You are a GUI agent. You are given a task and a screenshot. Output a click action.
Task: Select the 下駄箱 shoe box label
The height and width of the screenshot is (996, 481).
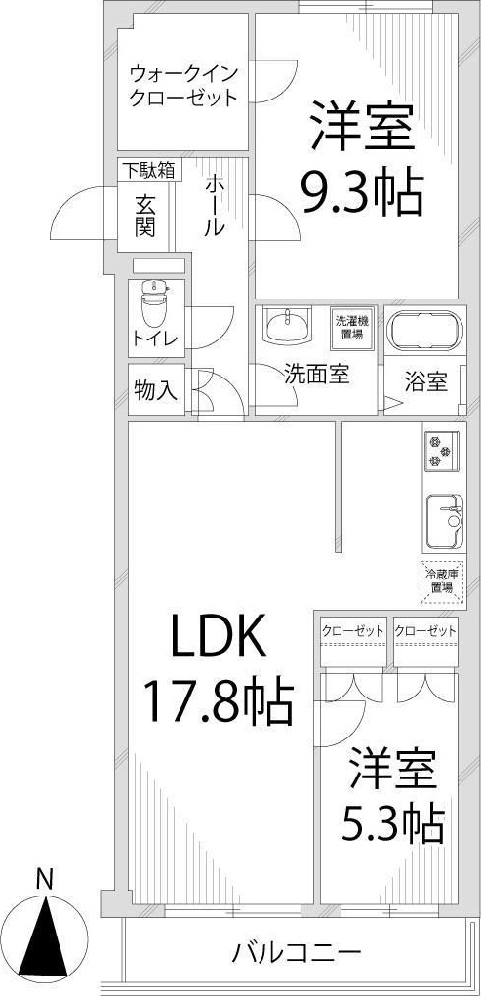click(x=148, y=170)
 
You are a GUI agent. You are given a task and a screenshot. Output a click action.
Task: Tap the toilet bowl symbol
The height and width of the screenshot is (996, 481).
click(x=153, y=303)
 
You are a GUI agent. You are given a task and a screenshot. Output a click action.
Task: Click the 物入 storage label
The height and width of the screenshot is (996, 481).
click(x=155, y=391)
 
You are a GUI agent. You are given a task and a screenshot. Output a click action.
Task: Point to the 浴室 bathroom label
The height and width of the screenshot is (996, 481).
click(x=424, y=382)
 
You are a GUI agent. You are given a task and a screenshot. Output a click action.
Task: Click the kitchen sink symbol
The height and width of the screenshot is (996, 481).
click(x=444, y=518)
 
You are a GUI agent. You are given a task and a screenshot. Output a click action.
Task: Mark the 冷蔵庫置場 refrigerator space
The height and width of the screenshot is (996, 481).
click(x=441, y=579)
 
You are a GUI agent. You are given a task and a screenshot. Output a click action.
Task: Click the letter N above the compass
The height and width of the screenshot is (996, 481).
click(x=43, y=878)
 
